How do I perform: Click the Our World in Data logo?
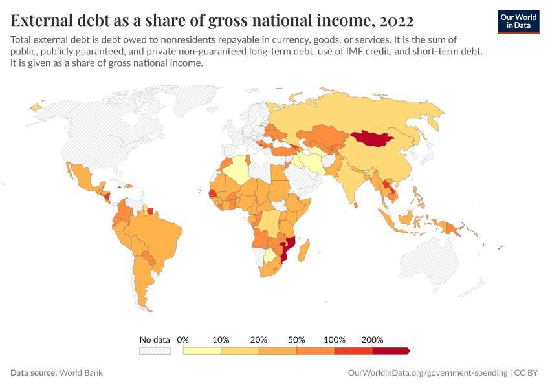click(518, 21)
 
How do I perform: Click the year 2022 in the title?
click(397, 21)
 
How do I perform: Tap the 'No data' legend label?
click(155, 339)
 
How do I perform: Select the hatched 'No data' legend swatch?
click(155, 350)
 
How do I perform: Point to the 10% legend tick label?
click(221, 339)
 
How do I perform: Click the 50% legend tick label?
click(297, 339)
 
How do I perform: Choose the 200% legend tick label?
click(373, 339)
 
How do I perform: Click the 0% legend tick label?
click(183, 339)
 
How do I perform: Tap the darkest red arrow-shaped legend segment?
click(391, 350)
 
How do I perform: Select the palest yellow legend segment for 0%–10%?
click(202, 350)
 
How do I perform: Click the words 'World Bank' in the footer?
click(81, 373)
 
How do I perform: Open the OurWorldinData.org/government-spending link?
click(428, 373)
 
